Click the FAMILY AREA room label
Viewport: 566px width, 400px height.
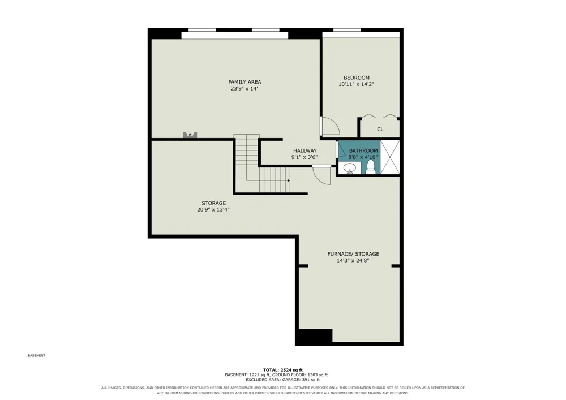point(245,82)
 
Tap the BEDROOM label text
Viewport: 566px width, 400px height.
point(356,78)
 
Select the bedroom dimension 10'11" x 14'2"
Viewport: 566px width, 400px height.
point(356,84)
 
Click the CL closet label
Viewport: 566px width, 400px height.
point(380,129)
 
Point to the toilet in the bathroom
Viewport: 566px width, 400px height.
point(370,167)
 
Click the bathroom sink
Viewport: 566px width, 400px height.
point(349,168)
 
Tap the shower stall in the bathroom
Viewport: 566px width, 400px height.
point(390,157)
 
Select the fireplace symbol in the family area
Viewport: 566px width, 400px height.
point(190,135)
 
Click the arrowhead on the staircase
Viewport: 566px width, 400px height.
point(289,180)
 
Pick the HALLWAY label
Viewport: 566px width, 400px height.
point(305,150)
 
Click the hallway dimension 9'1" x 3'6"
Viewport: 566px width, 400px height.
point(305,157)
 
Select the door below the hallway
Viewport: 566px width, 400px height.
point(321,175)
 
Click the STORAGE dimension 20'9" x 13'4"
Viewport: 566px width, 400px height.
point(213,209)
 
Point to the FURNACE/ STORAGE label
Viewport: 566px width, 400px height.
point(353,254)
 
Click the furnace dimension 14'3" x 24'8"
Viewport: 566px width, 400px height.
point(353,260)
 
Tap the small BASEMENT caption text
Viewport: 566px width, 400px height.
point(36,356)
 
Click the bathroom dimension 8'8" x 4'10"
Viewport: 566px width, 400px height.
point(363,157)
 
